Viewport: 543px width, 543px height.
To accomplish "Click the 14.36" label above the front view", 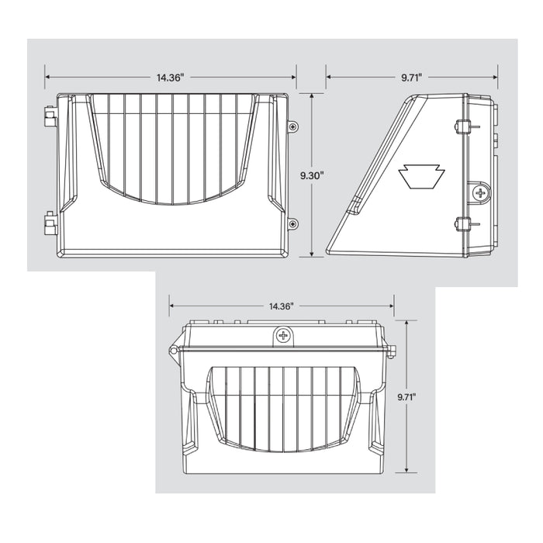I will pyautogui.click(x=171, y=78).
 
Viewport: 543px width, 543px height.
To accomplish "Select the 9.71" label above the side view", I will pyautogui.click(x=412, y=78).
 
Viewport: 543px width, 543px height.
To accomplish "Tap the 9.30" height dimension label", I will pyautogui.click(x=312, y=176).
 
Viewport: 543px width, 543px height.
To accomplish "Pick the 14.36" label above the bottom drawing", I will pyautogui.click(x=282, y=306).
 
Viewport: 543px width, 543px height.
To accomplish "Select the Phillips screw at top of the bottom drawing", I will pyautogui.click(x=284, y=336).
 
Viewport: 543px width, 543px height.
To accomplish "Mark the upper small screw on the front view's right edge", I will pyautogui.click(x=292, y=126).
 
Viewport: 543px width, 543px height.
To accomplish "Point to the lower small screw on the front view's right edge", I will pyautogui.click(x=292, y=224).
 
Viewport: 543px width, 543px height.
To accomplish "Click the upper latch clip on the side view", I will pyautogui.click(x=463, y=126).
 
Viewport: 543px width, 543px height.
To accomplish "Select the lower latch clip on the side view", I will pyautogui.click(x=463, y=225).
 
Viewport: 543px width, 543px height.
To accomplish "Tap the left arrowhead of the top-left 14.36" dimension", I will pyautogui.click(x=47, y=78).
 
